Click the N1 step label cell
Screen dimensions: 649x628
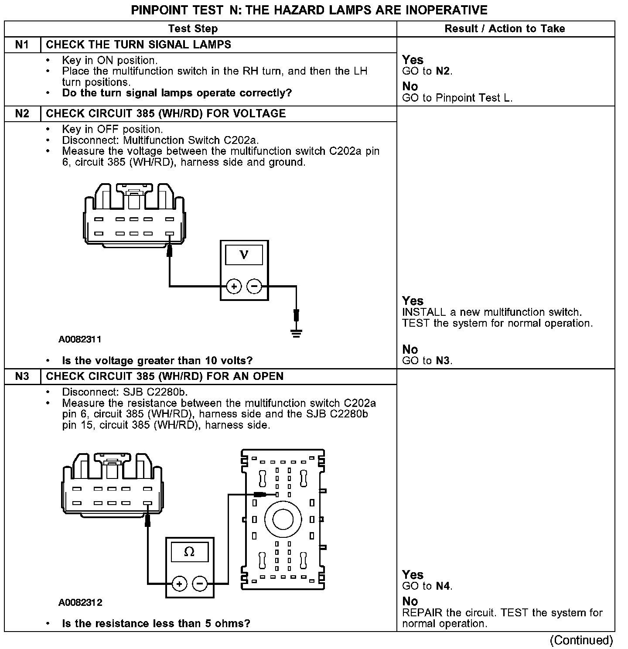click(22, 45)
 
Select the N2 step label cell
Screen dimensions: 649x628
click(22, 114)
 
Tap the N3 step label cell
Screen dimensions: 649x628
click(22, 376)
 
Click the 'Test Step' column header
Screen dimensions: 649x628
click(193, 29)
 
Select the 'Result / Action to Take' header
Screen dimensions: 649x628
click(505, 29)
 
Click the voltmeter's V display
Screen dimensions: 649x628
click(244, 255)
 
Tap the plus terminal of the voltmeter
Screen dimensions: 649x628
click(234, 287)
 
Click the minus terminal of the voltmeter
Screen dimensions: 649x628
click(254, 287)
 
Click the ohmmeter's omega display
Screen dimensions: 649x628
click(189, 552)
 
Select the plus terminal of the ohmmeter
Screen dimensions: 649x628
click(180, 584)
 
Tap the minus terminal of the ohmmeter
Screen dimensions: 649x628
click(200, 584)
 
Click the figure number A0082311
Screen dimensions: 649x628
click(80, 339)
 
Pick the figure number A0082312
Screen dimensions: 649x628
click(80, 602)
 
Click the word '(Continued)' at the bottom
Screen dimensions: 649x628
click(581, 640)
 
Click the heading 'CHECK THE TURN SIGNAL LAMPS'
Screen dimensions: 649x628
click(139, 45)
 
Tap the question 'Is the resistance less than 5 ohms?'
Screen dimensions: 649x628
click(156, 623)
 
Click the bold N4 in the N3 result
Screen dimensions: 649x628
click(443, 586)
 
